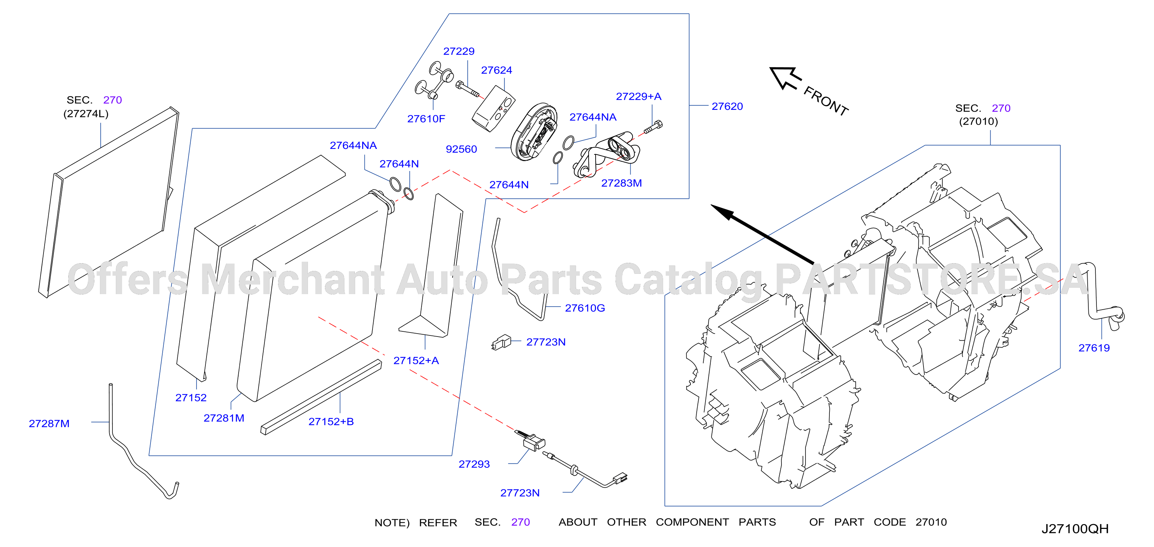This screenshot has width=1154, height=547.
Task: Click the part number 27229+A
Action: point(638,96)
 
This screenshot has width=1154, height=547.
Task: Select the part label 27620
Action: point(727,106)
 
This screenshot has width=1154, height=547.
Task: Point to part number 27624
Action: point(496,70)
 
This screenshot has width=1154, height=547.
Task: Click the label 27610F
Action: point(426,119)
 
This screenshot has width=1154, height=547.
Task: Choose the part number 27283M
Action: point(621,183)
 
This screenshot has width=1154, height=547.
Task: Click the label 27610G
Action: point(585,308)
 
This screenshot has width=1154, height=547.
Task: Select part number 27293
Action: point(474,464)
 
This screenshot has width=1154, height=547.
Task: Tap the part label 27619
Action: point(1094,348)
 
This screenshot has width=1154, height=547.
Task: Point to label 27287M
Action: point(49,424)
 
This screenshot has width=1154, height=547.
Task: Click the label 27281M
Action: point(224,418)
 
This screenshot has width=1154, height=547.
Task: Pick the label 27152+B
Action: point(331,422)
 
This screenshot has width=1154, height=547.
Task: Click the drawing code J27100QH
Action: point(1075,529)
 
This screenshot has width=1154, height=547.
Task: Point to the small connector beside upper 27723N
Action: point(501,342)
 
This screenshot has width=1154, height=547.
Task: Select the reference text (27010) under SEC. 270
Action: point(978,121)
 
